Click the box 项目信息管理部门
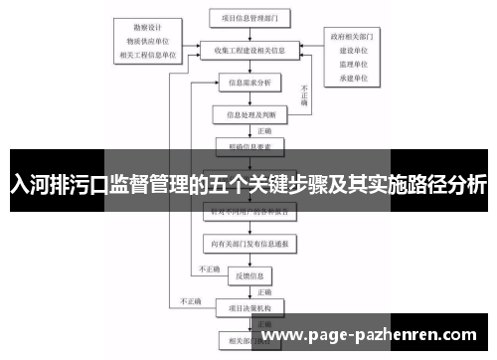click(248, 17)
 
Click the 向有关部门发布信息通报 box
click(248, 242)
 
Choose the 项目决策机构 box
click(248, 306)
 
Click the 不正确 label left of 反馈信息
click(209, 268)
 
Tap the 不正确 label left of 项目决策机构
click(191, 299)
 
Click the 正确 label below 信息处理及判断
click(264, 129)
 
